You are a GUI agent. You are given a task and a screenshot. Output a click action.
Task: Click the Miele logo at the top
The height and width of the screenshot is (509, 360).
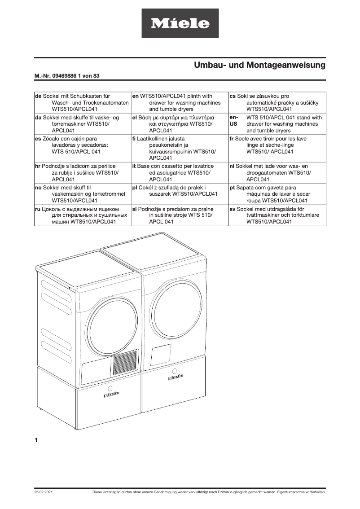point(180,23)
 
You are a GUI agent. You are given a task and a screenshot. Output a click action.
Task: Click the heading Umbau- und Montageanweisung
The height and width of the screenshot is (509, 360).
point(259,66)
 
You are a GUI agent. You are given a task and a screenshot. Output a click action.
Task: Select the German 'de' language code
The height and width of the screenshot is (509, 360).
point(38,96)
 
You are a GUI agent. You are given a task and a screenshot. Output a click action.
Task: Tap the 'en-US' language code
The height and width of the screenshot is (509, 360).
point(233,121)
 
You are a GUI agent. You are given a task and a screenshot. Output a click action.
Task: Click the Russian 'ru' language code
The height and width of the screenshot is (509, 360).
point(38,209)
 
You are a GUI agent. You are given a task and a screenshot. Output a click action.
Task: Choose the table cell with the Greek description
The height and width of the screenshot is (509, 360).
point(180,124)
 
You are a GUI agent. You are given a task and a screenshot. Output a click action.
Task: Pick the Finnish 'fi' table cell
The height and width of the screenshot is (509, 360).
point(180,148)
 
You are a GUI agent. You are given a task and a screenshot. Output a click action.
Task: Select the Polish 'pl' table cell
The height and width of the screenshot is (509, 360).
point(180,191)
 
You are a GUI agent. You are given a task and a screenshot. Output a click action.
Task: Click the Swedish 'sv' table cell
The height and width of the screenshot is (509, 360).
point(277,215)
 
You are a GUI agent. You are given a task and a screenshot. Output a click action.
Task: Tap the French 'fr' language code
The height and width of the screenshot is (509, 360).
point(233,139)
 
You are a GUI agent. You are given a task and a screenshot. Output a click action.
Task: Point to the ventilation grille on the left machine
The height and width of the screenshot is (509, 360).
point(124,363)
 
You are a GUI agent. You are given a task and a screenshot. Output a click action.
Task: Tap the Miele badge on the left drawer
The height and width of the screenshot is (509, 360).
point(111,395)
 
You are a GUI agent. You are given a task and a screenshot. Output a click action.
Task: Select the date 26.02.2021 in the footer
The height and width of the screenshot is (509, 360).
point(44,492)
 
